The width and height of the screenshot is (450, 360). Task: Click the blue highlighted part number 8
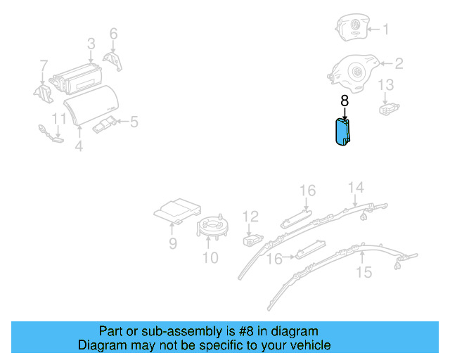[x=342, y=131]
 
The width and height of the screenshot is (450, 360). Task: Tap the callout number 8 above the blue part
[x=345, y=101]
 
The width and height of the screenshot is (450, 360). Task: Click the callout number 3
[x=91, y=44]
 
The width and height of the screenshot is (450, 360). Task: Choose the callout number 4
[x=79, y=146]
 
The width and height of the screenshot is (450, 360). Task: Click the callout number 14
[x=356, y=187]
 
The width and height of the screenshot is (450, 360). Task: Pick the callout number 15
[x=364, y=272]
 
